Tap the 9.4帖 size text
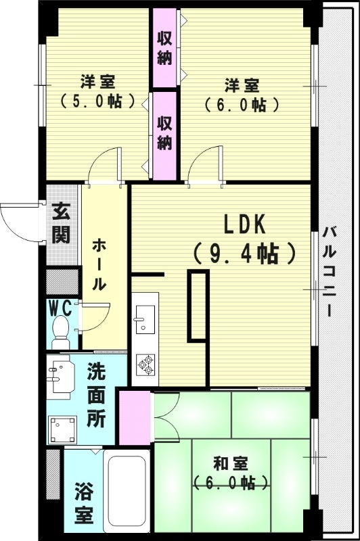[244, 253]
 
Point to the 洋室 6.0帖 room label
[242, 95]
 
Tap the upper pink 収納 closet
[164, 47]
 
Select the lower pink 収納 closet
[164, 133]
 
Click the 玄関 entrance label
[60, 223]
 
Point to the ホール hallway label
[98, 264]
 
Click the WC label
[61, 308]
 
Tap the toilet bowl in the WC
[61, 333]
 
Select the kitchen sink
[143, 320]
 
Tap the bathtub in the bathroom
[127, 495]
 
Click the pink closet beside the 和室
[134, 417]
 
